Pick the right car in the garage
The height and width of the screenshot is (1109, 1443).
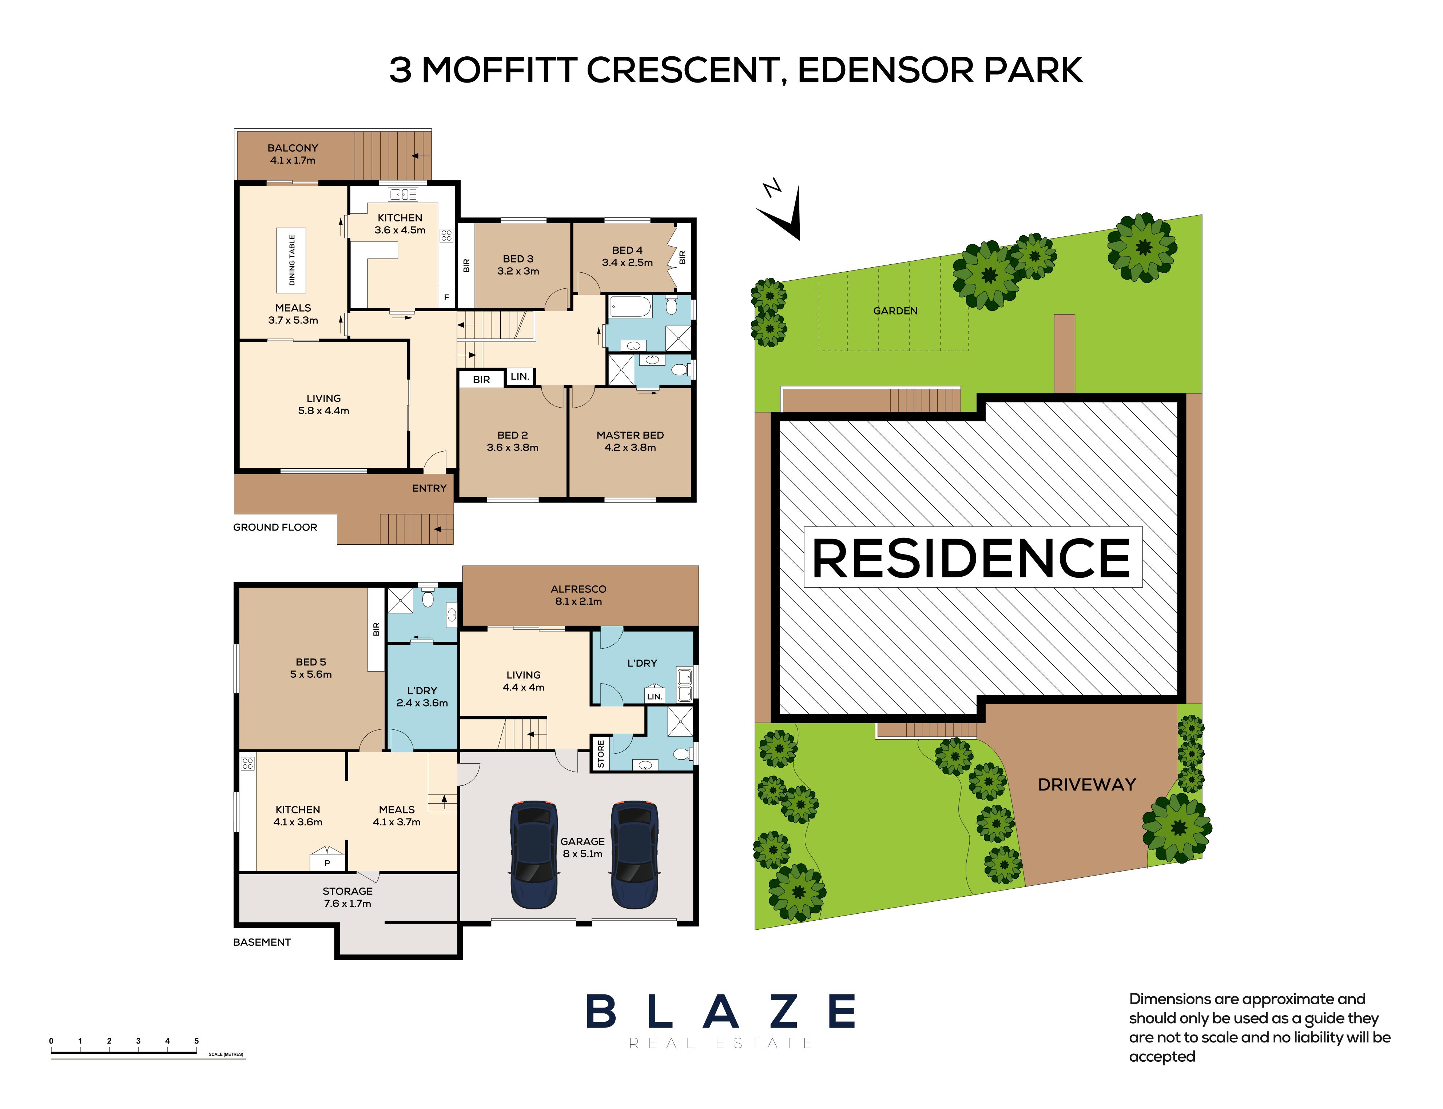click(634, 855)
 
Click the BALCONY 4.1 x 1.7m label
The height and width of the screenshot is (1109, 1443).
click(293, 154)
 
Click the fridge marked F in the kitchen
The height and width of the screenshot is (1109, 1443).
click(446, 298)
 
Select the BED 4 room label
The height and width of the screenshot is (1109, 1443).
click(627, 256)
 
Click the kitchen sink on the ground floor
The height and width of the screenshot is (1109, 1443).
click(403, 194)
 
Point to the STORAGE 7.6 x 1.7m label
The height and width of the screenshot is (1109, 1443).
click(347, 897)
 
